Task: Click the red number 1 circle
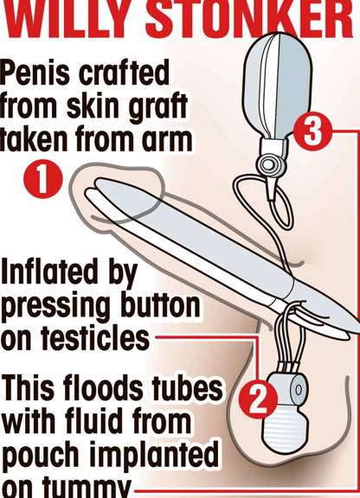pos(42,179)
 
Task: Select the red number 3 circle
pos(312,131)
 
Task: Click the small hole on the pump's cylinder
pos(297,388)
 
